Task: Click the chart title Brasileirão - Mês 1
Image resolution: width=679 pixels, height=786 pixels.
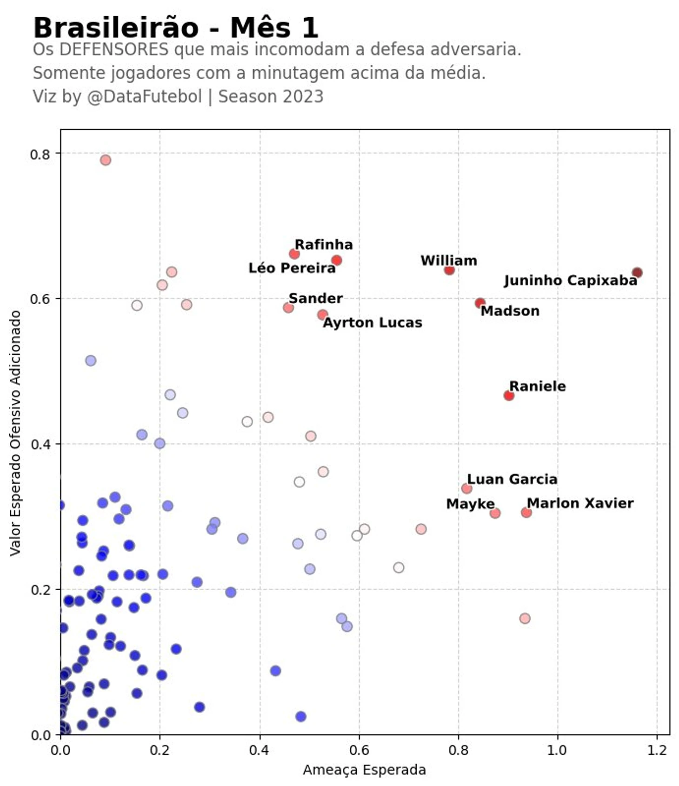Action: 176,28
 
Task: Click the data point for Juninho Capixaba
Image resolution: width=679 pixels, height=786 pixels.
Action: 637,273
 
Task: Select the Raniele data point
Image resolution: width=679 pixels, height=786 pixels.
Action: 508,395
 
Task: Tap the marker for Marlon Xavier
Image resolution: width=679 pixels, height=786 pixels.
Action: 526,513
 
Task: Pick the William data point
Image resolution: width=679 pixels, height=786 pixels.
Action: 449,270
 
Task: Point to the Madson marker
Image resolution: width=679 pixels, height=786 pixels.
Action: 480,303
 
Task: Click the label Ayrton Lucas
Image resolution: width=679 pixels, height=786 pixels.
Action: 372,323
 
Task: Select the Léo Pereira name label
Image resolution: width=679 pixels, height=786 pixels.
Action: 292,268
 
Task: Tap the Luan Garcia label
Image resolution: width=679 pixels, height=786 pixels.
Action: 512,480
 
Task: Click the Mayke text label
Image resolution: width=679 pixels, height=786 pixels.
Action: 470,504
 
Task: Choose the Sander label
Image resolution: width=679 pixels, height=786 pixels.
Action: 315,299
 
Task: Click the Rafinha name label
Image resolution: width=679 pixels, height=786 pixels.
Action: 324,245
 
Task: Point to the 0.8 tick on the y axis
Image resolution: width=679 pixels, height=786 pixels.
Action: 40,154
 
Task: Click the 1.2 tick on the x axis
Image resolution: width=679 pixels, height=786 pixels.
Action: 657,750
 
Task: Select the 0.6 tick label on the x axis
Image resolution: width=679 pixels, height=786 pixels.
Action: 359,750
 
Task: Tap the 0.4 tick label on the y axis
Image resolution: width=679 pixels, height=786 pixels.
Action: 40,444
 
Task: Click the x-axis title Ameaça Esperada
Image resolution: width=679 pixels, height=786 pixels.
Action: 364,770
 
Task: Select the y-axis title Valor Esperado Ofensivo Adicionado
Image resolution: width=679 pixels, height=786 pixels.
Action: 16,433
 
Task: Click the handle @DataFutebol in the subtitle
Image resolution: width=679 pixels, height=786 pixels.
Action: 144,97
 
